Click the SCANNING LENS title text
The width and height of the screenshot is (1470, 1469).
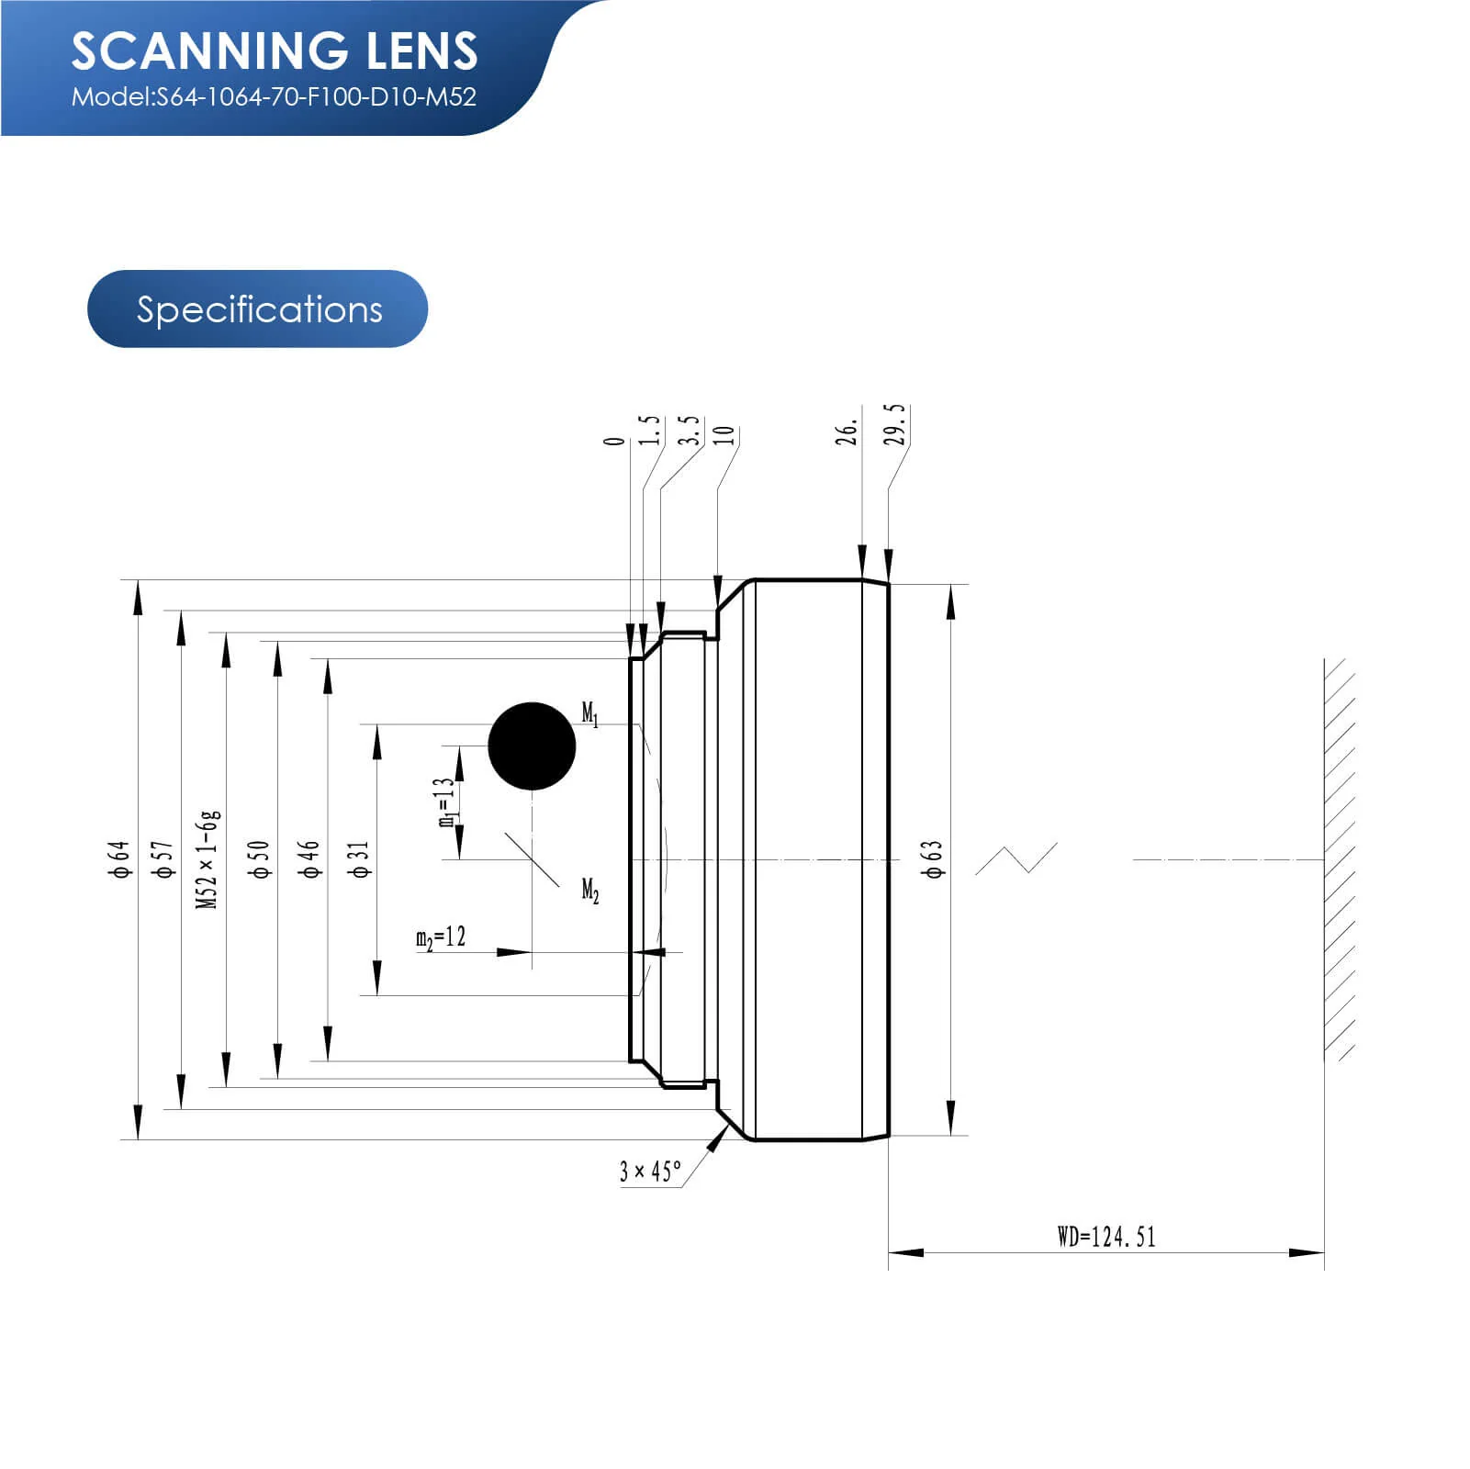275,51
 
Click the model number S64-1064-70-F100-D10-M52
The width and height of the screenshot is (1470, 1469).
274,97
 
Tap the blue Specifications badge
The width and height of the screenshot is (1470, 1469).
258,309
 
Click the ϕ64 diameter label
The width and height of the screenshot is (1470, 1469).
120,859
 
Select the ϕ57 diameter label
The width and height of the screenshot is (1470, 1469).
163,859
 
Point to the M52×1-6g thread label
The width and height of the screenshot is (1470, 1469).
208,859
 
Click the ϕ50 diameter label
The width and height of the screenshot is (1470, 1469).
261,859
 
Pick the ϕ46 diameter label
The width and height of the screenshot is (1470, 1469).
310,859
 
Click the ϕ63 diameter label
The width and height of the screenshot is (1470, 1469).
933,859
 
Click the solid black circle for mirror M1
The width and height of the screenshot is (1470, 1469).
532,746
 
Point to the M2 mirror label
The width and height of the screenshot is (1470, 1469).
590,891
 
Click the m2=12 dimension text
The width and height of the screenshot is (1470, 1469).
441,937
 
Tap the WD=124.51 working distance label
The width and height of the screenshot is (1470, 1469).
1105,1237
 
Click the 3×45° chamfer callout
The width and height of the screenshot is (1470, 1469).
650,1172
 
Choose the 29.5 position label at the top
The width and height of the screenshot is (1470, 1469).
895,424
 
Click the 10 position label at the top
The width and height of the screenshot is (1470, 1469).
725,435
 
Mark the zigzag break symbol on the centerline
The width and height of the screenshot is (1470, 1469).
1016,858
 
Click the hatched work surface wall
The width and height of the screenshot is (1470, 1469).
1340,859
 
